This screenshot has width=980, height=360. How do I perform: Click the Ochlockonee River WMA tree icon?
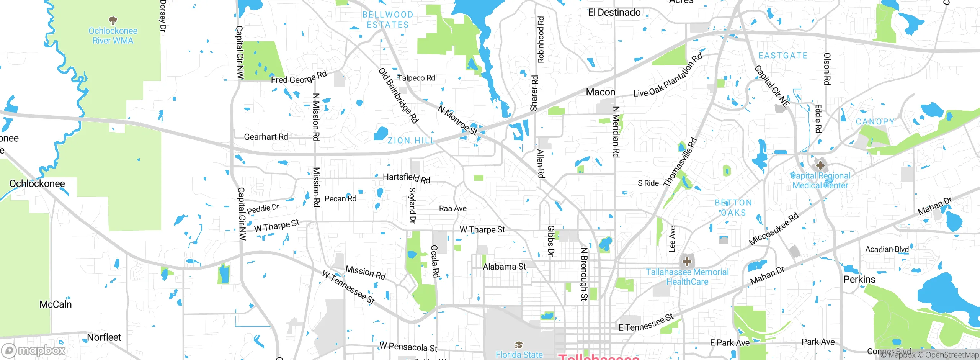113,20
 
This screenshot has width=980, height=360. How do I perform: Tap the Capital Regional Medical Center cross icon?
820,165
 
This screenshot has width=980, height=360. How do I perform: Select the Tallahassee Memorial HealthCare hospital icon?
687,262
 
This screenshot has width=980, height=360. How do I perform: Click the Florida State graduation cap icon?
519,345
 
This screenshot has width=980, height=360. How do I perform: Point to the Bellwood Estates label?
388,20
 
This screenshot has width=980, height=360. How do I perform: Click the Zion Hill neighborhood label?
411,141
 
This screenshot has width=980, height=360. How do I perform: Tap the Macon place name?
600,92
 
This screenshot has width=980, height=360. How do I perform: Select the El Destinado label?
614,13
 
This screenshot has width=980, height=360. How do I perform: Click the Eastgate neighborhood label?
783,56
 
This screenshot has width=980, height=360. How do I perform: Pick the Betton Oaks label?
733,208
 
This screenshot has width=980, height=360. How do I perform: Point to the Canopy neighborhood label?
875,122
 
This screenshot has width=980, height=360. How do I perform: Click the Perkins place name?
859,280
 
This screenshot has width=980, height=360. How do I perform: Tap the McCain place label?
56,304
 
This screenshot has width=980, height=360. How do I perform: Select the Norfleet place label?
104,337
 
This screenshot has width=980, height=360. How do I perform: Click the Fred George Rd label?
299,77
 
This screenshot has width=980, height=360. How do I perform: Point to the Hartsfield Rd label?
407,178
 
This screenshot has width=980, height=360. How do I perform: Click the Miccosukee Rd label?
773,229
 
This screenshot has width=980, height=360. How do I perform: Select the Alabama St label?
504,267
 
